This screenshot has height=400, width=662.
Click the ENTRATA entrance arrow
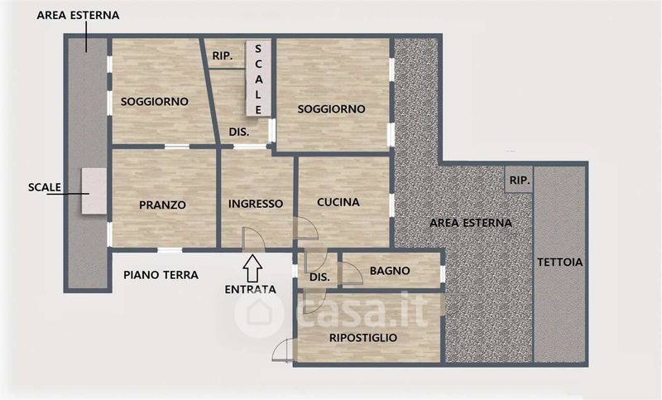[x=252, y=268]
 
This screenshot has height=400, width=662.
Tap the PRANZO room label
[x=162, y=205]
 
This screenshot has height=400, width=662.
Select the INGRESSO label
[x=256, y=204]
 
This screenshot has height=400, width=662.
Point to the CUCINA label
[x=338, y=202]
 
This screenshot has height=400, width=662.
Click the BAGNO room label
[x=390, y=271]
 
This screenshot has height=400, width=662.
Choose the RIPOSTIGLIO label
[x=363, y=338]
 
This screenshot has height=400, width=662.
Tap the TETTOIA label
[x=560, y=263]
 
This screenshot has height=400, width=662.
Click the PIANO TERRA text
[x=161, y=275]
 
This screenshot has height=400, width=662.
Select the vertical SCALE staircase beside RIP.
[x=258, y=78]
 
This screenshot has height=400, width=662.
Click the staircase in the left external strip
[x=94, y=191]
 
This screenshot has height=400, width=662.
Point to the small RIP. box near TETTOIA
[x=519, y=180]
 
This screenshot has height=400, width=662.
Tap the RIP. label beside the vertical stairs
[x=223, y=55]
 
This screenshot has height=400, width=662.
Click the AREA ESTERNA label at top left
[x=78, y=15]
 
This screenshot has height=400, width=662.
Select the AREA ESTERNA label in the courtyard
[x=471, y=223]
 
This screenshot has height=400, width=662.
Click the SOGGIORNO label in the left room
[x=155, y=102]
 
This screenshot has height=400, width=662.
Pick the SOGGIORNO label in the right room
[x=332, y=109]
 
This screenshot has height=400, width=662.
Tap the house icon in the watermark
[x=258, y=313]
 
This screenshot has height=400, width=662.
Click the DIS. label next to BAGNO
[x=319, y=277]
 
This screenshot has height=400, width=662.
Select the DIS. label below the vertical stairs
[x=239, y=133]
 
